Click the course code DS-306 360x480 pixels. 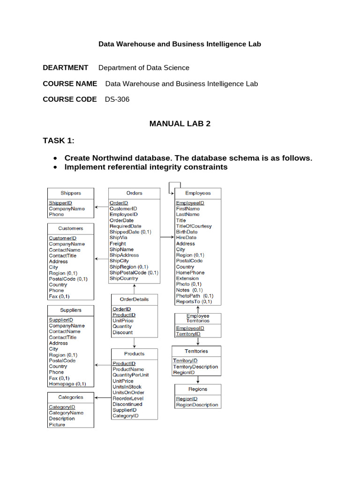(x=117, y=99)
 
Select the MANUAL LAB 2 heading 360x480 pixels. (x=180, y=124)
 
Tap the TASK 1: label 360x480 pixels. (x=59, y=141)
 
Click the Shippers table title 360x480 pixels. (x=71, y=193)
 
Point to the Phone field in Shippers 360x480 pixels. (x=56, y=214)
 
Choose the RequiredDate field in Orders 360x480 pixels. (x=125, y=226)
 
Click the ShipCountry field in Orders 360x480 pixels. (x=124, y=278)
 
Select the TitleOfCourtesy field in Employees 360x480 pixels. (x=194, y=226)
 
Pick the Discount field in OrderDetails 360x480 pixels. (x=122, y=332)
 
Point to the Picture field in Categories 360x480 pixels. (x=57, y=425)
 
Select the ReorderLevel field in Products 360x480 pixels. (x=127, y=398)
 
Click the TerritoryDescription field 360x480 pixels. (x=195, y=367)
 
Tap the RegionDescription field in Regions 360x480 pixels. (x=197, y=405)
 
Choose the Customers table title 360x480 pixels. (x=71, y=228)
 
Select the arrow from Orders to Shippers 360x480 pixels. (x=101, y=205)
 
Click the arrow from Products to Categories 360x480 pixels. (x=103, y=397)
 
